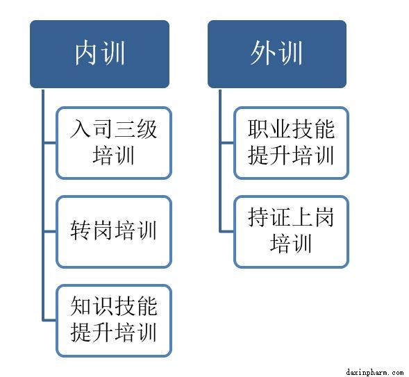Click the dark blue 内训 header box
click(x=99, y=54)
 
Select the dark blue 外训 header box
click(x=277, y=54)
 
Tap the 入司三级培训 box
click(x=114, y=143)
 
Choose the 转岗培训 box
click(x=114, y=232)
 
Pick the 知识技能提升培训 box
click(x=114, y=321)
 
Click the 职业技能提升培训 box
click(x=291, y=143)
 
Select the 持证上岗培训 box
click(x=291, y=232)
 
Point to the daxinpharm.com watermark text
click(x=375, y=372)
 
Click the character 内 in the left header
click(x=86, y=53)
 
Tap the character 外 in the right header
click(x=263, y=53)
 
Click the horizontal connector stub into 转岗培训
click(x=49, y=231)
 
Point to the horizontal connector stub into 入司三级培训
click(x=49, y=142)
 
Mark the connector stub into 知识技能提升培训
click(x=49, y=320)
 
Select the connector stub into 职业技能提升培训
click(x=227, y=142)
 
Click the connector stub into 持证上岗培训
click(x=227, y=231)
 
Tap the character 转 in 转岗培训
click(x=81, y=231)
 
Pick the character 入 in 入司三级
click(x=81, y=128)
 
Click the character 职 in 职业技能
click(x=258, y=128)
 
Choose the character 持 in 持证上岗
click(x=258, y=217)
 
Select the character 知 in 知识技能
click(x=81, y=305)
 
